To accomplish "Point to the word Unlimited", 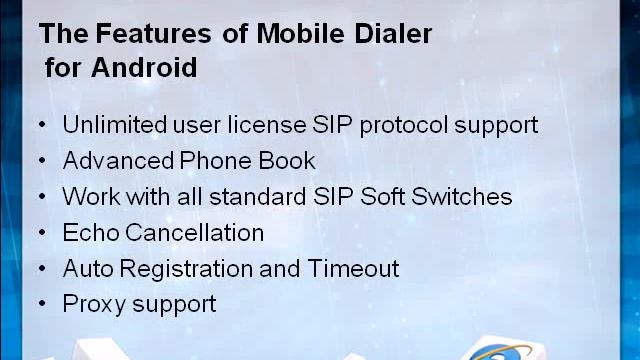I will (x=108, y=125).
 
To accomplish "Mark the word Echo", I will (x=91, y=233).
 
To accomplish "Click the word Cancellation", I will (x=195, y=233).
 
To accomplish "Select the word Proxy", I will (x=93, y=304).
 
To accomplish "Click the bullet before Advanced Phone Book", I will (x=42, y=161).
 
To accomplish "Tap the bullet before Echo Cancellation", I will (x=42, y=233).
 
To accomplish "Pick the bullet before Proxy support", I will (x=42, y=304).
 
